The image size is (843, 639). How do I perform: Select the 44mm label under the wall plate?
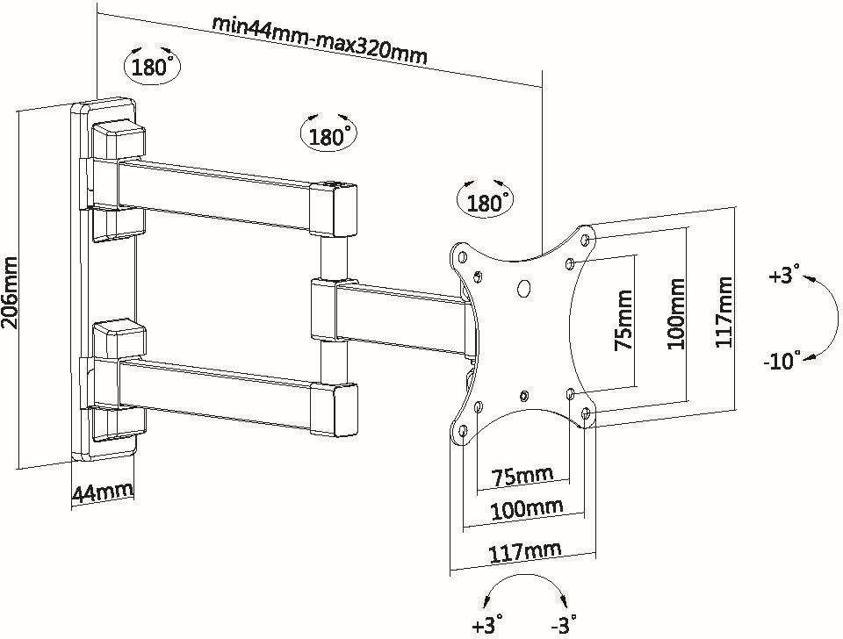click(103, 492)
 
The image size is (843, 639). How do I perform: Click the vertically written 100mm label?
click(675, 313)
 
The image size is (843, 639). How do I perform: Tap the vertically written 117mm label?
click(724, 312)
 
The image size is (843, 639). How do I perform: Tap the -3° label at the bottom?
click(563, 625)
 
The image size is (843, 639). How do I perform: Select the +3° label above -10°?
click(784, 276)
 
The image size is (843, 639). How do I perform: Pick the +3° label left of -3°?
click(487, 625)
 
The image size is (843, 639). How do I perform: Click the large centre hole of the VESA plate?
click(524, 287)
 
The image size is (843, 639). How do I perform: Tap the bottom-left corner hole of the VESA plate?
click(462, 431)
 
